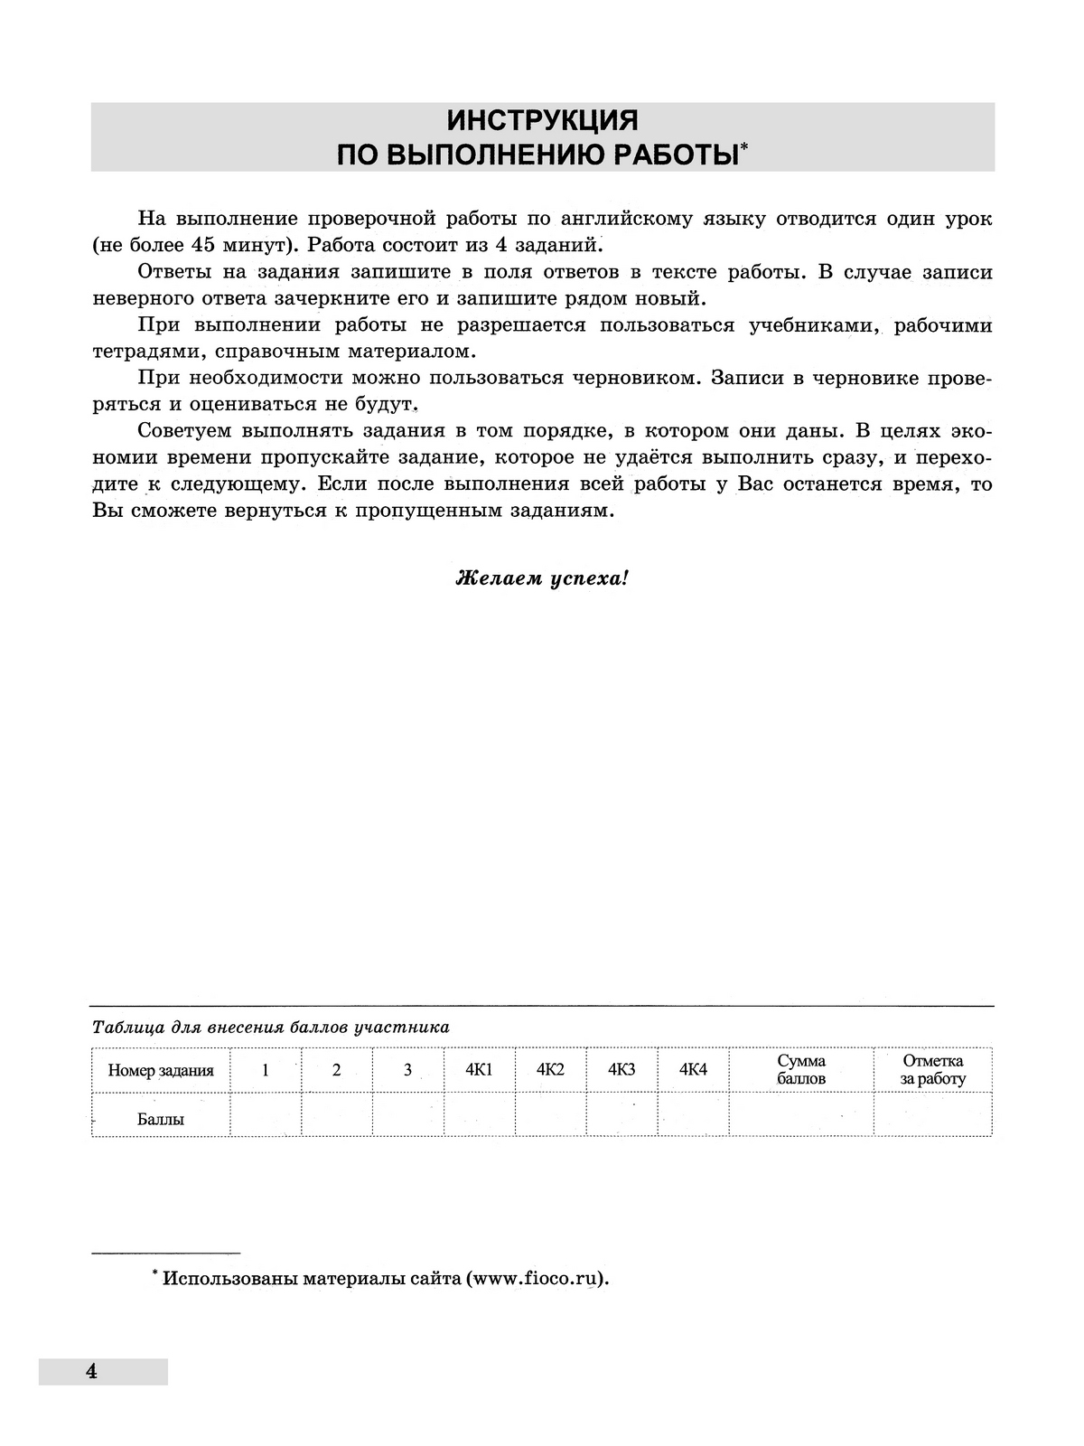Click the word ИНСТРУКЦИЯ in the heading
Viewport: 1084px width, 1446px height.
pyautogui.click(x=542, y=120)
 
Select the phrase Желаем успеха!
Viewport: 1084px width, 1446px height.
pyautogui.click(x=542, y=578)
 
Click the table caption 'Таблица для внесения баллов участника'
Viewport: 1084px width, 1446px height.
pyautogui.click(x=271, y=1027)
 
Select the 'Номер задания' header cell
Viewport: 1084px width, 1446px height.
pyautogui.click(x=161, y=1070)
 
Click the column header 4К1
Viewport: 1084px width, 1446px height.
pyautogui.click(x=479, y=1070)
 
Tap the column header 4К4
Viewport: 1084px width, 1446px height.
pyautogui.click(x=693, y=1070)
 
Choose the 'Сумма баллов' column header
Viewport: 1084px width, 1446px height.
pyautogui.click(x=801, y=1069)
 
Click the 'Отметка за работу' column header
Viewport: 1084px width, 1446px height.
pyautogui.click(x=932, y=1069)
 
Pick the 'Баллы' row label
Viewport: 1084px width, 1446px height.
pyautogui.click(x=161, y=1119)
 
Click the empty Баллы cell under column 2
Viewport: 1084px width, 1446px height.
pyautogui.click(x=337, y=1115)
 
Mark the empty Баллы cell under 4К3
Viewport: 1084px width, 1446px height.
pyautogui.click(x=621, y=1115)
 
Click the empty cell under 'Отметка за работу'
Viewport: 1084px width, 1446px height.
pyautogui.click(x=932, y=1115)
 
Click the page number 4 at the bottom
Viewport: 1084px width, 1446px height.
pyautogui.click(x=90, y=1371)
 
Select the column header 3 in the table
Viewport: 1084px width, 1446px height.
pyautogui.click(x=407, y=1070)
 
